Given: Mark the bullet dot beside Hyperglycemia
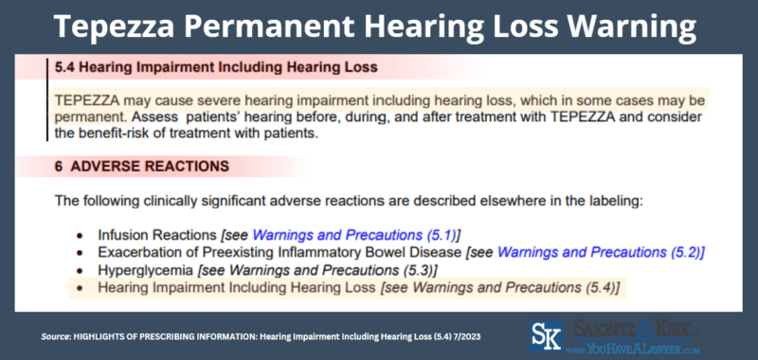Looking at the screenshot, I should click(80, 270).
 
